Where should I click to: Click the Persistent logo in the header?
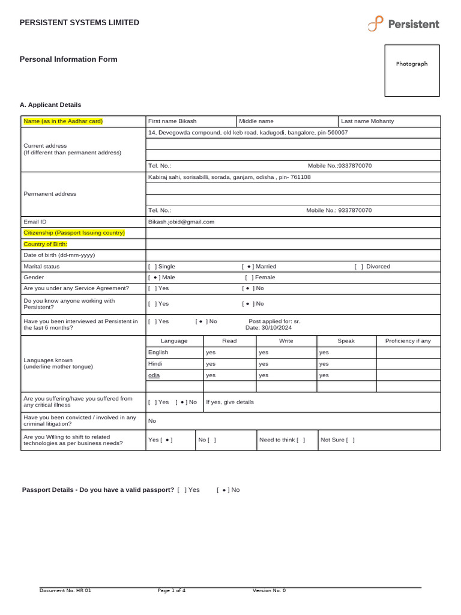[403, 24]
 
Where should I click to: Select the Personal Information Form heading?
[68, 59]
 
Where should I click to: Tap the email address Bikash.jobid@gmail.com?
[181, 222]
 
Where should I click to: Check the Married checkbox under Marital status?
[249, 266]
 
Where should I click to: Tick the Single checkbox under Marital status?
[152, 266]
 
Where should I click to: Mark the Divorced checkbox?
[358, 266]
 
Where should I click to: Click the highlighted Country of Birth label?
[46, 244]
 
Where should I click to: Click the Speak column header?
[346, 341]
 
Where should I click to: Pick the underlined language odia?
[154, 375]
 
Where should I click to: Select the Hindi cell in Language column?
[155, 363]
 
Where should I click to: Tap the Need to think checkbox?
[301, 440]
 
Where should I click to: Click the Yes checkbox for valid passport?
[182, 489]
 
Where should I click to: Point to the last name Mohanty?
[382, 121]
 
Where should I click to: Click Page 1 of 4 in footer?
[172, 590]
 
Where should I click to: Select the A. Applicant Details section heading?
[50, 105]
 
